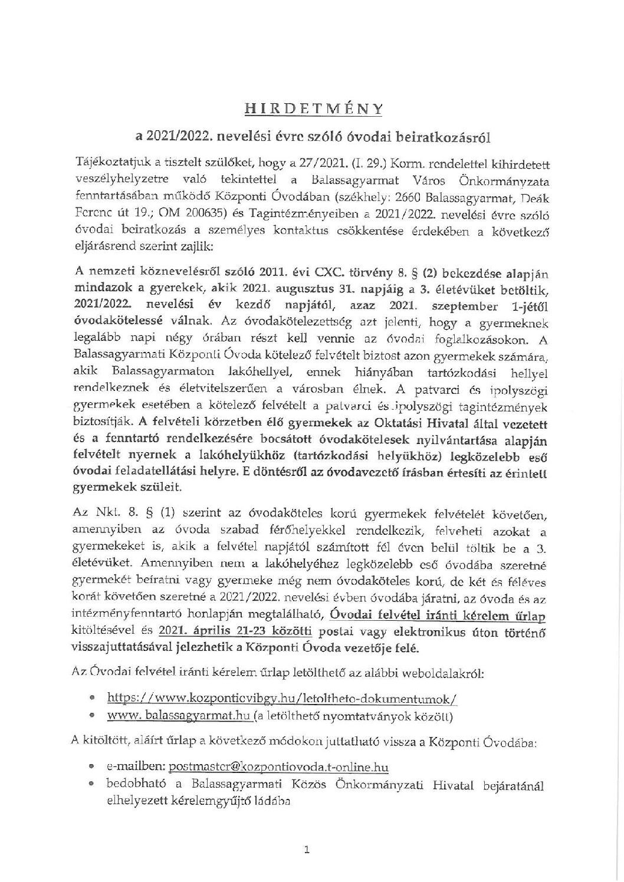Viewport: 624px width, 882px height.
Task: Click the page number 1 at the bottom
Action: pos(306,850)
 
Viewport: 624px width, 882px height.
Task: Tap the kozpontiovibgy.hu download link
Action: pos(282,699)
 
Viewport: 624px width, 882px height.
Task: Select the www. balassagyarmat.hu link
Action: pos(180,718)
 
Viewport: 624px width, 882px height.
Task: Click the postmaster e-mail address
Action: pos(278,767)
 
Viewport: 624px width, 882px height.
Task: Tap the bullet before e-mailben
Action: pos(91,768)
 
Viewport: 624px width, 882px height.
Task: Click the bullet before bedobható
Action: pos(91,786)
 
